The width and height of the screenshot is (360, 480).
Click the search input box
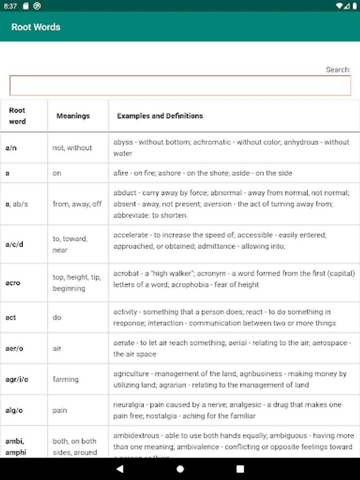click(x=180, y=85)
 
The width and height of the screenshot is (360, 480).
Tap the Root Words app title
click(x=36, y=27)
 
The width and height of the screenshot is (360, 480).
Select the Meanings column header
click(x=73, y=116)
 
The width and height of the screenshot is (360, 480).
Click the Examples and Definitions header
click(x=160, y=116)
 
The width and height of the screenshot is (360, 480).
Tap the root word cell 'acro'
click(x=13, y=283)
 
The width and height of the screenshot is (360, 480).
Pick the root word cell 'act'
click(x=11, y=317)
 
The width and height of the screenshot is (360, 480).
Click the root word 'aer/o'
click(x=14, y=348)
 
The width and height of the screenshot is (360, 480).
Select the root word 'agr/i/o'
click(x=17, y=379)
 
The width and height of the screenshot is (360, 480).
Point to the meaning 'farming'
click(x=66, y=379)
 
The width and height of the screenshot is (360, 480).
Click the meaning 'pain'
click(x=60, y=410)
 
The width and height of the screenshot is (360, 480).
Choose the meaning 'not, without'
click(x=72, y=148)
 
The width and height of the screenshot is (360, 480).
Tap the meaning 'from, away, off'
click(x=77, y=204)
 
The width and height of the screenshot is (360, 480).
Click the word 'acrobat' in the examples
click(x=126, y=273)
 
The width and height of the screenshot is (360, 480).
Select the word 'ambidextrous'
click(x=137, y=436)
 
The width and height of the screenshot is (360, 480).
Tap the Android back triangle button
click(x=119, y=469)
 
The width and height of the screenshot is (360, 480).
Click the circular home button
click(x=180, y=469)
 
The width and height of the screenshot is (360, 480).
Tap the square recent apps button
click(x=240, y=469)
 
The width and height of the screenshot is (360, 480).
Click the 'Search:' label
click(x=338, y=69)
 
